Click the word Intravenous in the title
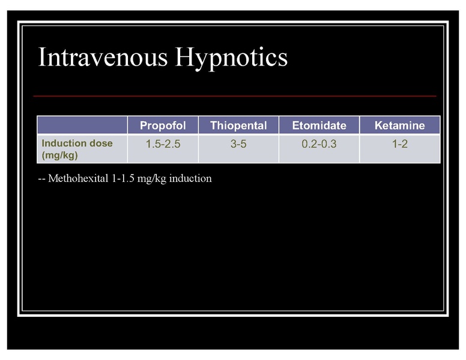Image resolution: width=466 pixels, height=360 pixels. pos(103,58)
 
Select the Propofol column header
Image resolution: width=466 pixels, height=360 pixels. pos(163,125)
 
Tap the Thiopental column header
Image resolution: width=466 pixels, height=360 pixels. pos(238,125)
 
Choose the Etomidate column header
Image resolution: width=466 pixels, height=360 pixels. pos(319,125)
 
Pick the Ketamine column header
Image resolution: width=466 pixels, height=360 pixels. pos(399,125)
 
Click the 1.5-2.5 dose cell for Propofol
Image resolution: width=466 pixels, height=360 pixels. pos(163,144)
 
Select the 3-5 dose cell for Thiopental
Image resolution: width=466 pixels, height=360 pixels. pos(238,144)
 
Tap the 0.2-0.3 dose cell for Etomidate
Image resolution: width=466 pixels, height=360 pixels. pos(319,144)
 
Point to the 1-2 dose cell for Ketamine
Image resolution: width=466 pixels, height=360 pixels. pos(399,144)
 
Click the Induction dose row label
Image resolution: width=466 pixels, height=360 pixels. pos(76,143)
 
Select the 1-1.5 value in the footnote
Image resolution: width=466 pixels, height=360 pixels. pos(124,179)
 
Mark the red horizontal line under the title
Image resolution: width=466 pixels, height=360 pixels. pos(234,96)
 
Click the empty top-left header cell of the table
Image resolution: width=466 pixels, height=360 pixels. pos(82,125)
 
